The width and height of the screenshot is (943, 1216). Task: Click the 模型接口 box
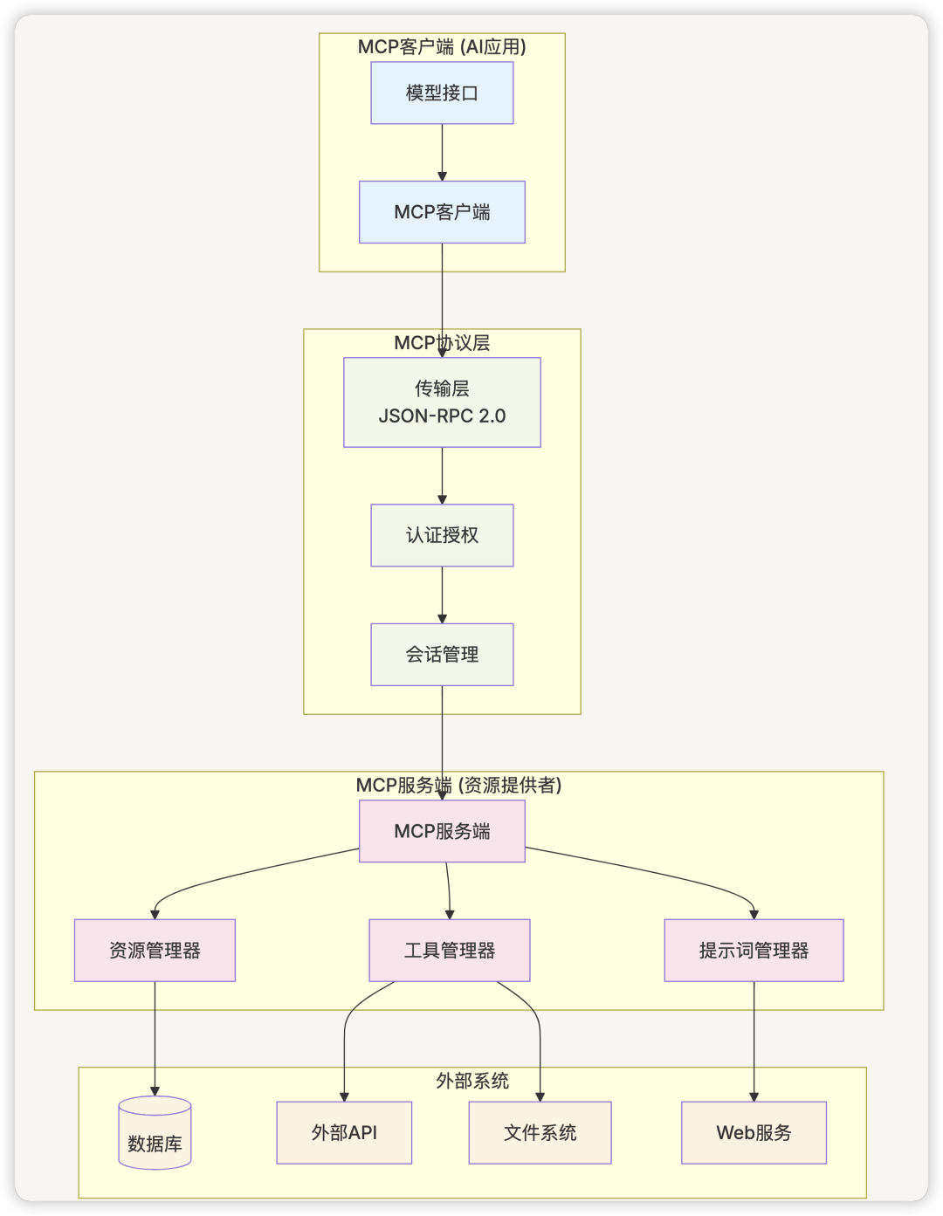coord(442,93)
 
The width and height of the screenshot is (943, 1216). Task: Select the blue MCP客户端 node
coord(442,212)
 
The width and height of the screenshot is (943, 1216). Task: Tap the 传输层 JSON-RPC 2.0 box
coord(442,402)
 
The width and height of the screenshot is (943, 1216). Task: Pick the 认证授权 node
coord(442,535)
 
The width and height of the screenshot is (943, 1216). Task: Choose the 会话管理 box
coord(442,655)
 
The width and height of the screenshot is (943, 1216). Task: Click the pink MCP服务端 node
coord(442,831)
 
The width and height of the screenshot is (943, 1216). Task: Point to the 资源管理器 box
coord(155,951)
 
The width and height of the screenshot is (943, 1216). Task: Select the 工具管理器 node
coord(450,951)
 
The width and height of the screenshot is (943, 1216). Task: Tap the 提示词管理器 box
coord(754,951)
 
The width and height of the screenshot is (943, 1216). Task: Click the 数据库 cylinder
coord(155,1132)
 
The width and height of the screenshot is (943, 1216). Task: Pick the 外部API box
coord(344,1132)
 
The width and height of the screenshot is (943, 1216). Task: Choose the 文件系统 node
coord(540,1132)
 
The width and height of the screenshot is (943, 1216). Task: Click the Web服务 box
coord(754,1132)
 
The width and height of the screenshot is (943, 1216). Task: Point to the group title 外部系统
coord(472,1081)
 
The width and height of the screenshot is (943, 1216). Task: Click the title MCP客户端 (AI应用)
coord(442,46)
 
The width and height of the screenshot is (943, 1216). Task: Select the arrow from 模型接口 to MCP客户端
coord(442,152)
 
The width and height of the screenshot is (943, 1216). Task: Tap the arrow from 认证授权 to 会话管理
coord(442,594)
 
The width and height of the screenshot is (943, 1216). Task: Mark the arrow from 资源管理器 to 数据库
coord(155,1039)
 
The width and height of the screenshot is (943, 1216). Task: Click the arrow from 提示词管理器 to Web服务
coord(754,1041)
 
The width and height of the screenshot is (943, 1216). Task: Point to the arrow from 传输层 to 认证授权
coord(442,476)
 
